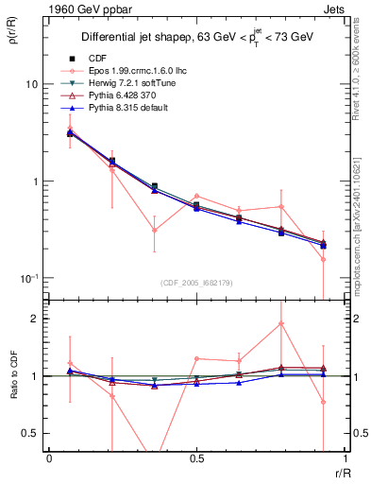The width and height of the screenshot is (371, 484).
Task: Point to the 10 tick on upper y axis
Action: coord(30,84)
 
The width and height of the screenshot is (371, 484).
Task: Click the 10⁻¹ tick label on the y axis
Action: coord(27,279)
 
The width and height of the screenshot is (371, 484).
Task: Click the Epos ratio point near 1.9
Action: coord(281,323)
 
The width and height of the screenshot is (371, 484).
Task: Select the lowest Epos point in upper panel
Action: coord(323,259)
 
